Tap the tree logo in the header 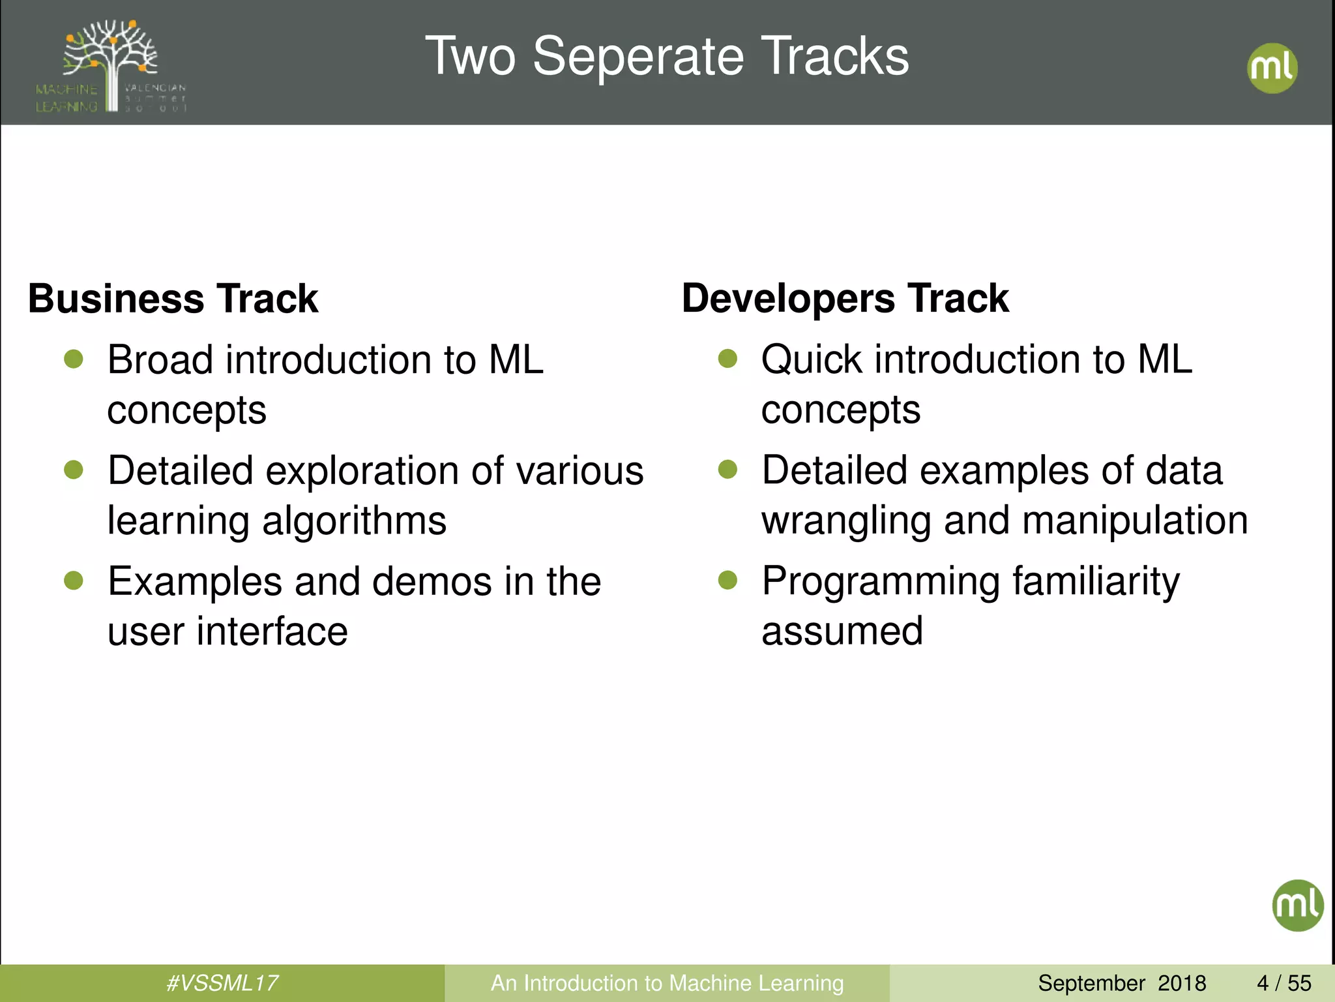[111, 65]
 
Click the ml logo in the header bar [1272, 68]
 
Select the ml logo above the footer [1297, 905]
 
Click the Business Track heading [173, 299]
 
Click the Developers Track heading [845, 299]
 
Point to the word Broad [160, 359]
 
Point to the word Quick [812, 359]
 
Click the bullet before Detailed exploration [74, 470]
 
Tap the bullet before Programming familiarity [727, 580]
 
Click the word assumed [842, 631]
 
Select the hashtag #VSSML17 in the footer [222, 983]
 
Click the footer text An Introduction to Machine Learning [667, 983]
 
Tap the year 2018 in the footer [1182, 983]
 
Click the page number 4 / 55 [1284, 983]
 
